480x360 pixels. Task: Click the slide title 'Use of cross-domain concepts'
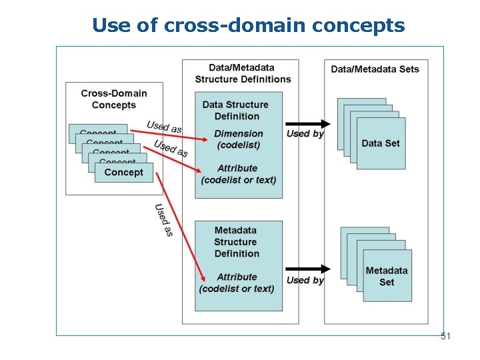point(248,25)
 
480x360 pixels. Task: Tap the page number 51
point(445,337)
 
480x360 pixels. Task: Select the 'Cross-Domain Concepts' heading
point(114,99)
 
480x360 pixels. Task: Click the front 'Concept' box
point(124,172)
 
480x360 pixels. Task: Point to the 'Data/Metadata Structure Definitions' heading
point(243,73)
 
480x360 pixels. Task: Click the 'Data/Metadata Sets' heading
point(375,69)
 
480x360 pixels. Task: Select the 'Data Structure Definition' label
point(235,110)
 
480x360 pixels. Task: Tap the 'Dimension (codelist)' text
point(239,139)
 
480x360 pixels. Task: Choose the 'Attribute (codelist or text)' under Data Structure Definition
point(239,174)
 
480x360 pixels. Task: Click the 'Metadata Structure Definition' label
point(235,242)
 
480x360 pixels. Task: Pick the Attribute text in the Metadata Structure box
point(237,283)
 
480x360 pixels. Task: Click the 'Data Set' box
point(381,143)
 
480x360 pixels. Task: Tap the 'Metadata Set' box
point(387,276)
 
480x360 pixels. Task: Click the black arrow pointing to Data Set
point(308,123)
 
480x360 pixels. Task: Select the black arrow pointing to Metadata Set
point(308,269)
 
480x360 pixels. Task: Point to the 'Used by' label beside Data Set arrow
point(305,133)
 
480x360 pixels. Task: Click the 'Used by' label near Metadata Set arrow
point(305,280)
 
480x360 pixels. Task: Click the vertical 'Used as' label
point(164,220)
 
